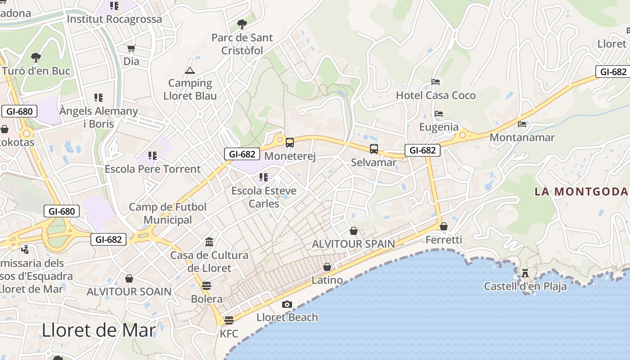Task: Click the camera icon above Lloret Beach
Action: pyautogui.click(x=287, y=305)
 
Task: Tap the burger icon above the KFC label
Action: pyautogui.click(x=229, y=320)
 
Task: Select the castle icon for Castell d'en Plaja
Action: pyautogui.click(x=525, y=273)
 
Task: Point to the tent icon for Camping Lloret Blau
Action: pyautogui.click(x=190, y=70)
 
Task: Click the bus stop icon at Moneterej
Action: pyautogui.click(x=290, y=143)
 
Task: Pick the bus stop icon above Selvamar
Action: pyautogui.click(x=373, y=149)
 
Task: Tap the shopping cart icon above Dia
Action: pyautogui.click(x=131, y=48)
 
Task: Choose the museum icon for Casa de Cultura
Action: pyautogui.click(x=209, y=242)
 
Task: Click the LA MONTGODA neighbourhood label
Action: pyautogui.click(x=581, y=192)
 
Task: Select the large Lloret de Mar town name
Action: pyautogui.click(x=99, y=331)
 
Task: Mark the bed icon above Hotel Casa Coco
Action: pyautogui.click(x=436, y=82)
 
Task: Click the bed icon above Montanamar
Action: pyautogui.click(x=522, y=124)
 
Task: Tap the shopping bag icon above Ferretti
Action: pyautogui.click(x=444, y=226)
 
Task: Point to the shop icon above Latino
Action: pyautogui.click(x=327, y=267)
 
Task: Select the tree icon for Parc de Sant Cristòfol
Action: pyautogui.click(x=242, y=24)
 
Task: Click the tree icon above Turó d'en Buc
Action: pyautogui.click(x=36, y=57)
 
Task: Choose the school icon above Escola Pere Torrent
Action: pyautogui.click(x=153, y=156)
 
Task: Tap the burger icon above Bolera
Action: pyautogui.click(x=207, y=286)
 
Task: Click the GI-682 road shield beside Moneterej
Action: pyautogui.click(x=242, y=154)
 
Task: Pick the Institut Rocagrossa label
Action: pyautogui.click(x=114, y=19)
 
